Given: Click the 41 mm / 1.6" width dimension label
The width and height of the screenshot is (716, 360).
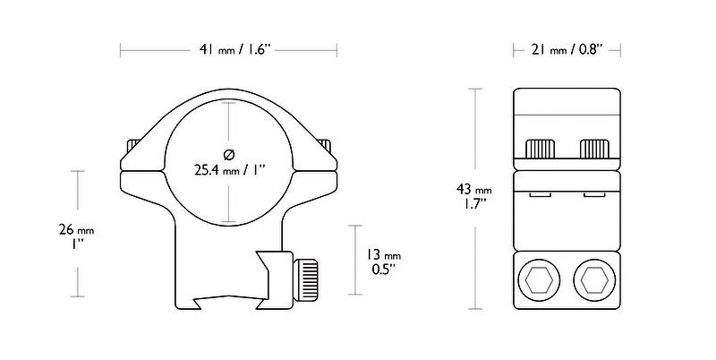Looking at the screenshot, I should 230,50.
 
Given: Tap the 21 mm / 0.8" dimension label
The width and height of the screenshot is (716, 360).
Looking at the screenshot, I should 567,50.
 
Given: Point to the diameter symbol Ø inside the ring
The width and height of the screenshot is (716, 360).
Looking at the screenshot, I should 230,150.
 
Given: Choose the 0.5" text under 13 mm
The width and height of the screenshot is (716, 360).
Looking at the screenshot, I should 382,269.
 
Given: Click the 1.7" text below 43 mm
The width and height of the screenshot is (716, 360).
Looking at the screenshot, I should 473,205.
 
